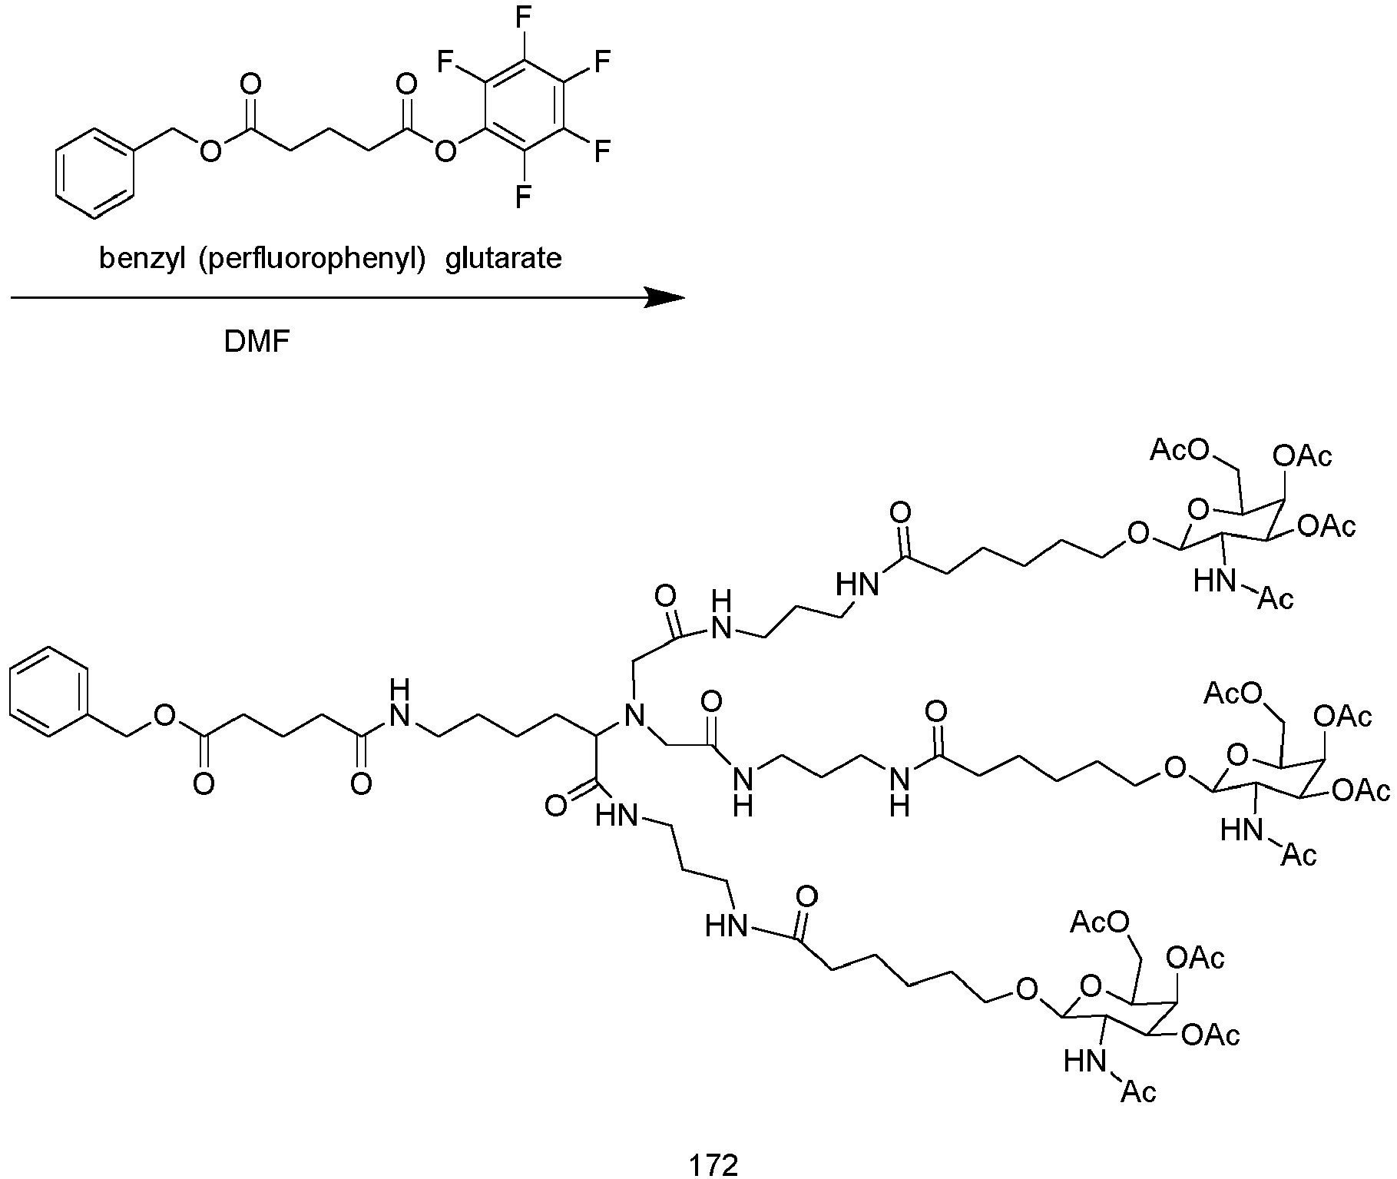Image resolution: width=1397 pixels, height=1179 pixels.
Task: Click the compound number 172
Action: pyautogui.click(x=713, y=1164)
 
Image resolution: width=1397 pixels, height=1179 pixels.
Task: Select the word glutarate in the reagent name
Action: pyautogui.click(x=504, y=259)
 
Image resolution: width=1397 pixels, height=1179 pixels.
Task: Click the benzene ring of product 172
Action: pyautogui.click(x=51, y=692)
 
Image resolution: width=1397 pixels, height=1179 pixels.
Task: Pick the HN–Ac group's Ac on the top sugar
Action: pyautogui.click(x=1276, y=598)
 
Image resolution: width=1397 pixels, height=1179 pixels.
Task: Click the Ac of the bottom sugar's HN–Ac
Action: pyautogui.click(x=1139, y=1091)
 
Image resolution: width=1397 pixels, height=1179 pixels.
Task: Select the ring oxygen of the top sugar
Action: pyautogui.click(x=1198, y=508)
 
